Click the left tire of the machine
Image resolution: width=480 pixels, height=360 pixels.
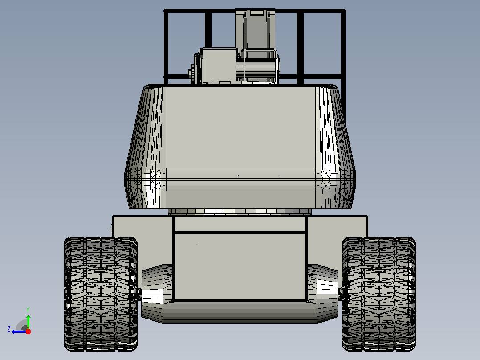tap(101, 294)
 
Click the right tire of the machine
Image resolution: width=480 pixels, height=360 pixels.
tap(379, 294)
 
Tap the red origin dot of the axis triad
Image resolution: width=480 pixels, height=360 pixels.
tap(28, 331)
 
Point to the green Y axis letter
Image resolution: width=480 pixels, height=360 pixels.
tap(28, 310)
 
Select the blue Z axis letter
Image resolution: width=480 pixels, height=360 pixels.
tap(9, 329)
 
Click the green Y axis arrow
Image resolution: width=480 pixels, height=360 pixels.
tap(28, 322)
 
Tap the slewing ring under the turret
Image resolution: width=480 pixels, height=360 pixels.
tap(240, 212)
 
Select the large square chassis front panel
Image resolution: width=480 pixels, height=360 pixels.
tap(240, 266)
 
